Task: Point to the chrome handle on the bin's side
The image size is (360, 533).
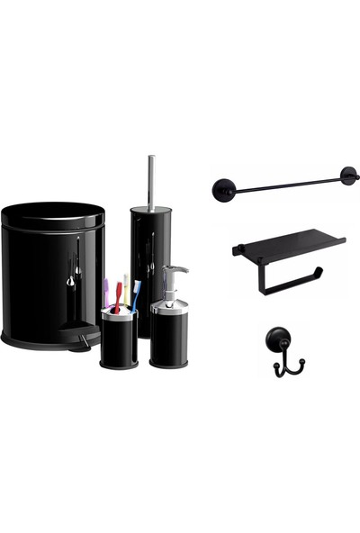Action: click(75, 270)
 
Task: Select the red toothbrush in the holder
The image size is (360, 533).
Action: click(118, 295)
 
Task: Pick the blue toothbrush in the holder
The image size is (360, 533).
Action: click(135, 294)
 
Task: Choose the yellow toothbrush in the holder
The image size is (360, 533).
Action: click(126, 290)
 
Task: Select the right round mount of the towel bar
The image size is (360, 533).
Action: click(346, 176)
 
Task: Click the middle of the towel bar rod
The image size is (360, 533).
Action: click(284, 184)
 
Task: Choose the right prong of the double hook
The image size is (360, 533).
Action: click(301, 364)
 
